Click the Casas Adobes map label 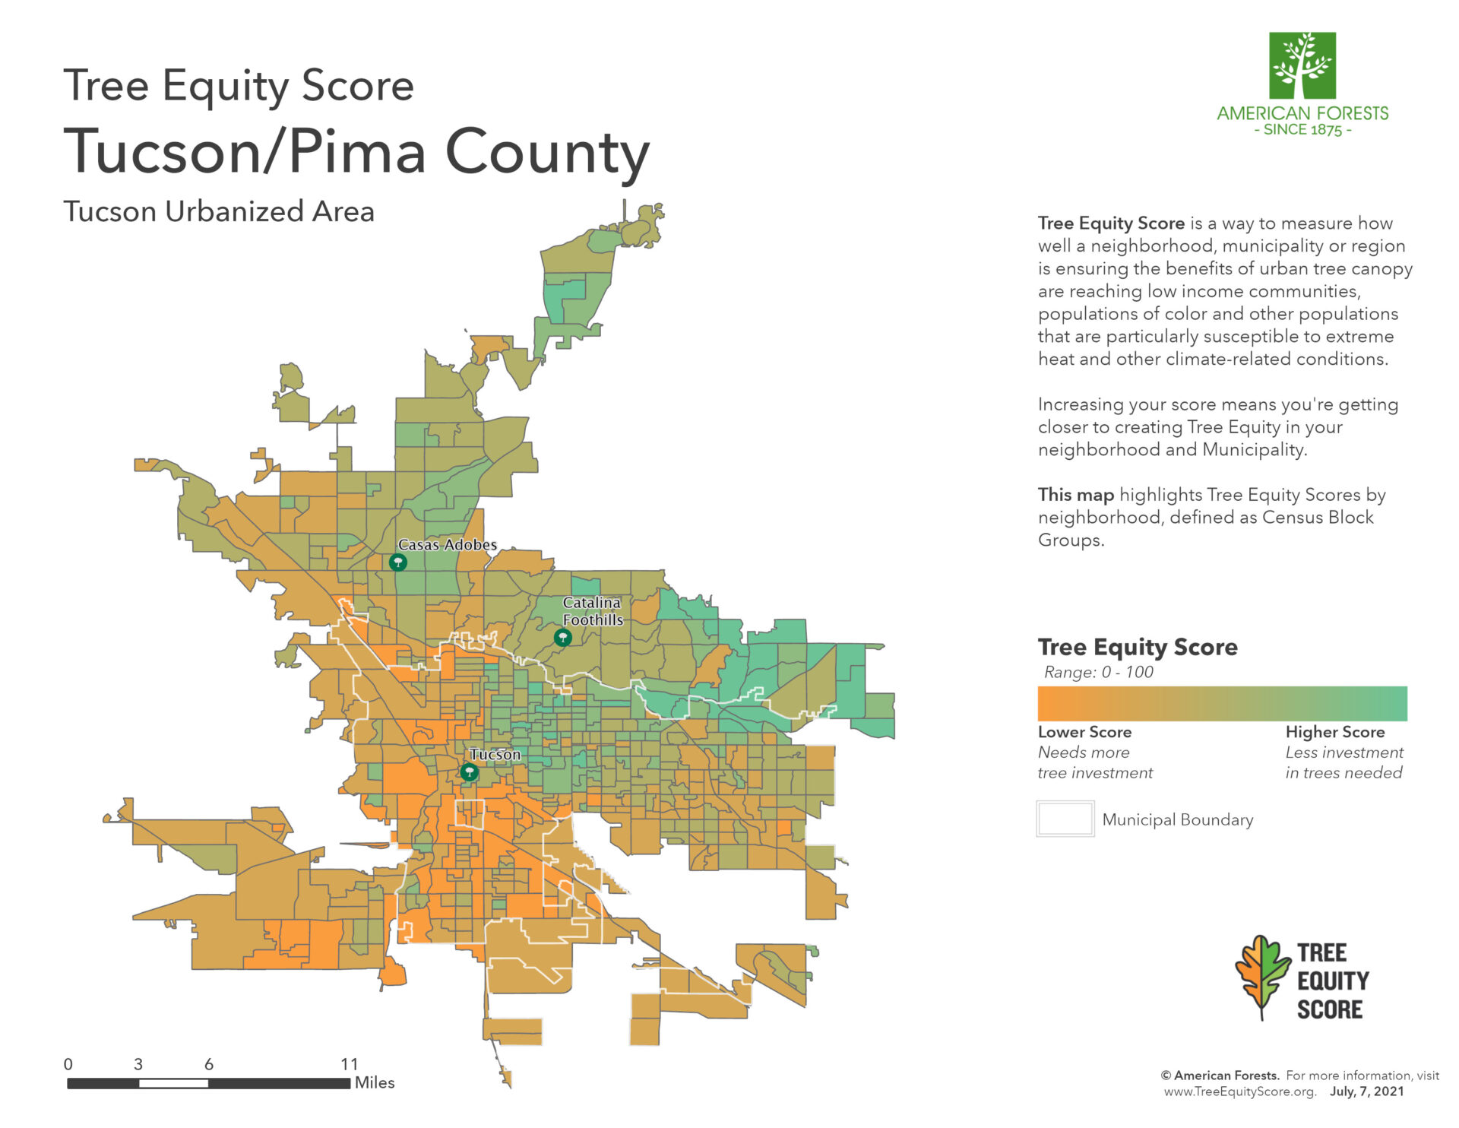point(447,544)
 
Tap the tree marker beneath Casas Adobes point(397,562)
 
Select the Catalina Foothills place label point(592,611)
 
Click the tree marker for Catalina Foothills point(562,638)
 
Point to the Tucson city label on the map point(495,754)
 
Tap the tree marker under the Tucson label point(470,772)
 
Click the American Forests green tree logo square point(1302,65)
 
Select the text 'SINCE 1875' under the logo point(1302,130)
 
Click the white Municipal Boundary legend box point(1065,819)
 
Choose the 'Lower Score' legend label point(1084,731)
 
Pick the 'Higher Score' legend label point(1334,731)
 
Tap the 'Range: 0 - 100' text point(1098,672)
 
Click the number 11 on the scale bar point(349,1063)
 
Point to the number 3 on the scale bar point(138,1063)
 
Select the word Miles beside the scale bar point(375,1082)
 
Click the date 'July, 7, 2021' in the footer point(1366,1092)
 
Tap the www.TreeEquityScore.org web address point(1239,1092)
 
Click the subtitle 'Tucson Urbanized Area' point(219,211)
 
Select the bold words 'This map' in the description point(1075,495)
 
